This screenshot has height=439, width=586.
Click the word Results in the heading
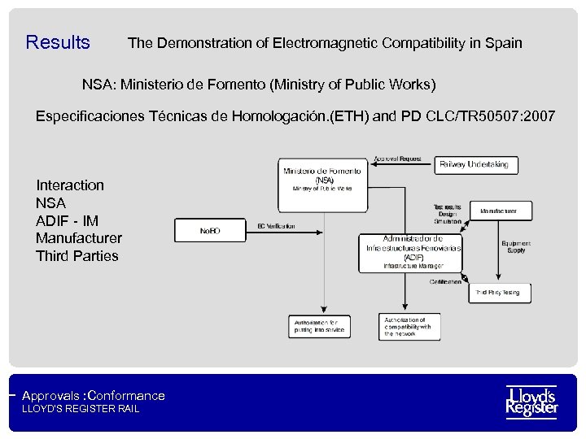(58, 42)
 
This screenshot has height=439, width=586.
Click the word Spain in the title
(502, 42)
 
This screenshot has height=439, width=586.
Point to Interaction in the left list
(70, 185)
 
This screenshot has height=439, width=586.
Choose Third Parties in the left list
(77, 256)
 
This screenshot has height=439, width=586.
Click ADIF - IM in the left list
(67, 220)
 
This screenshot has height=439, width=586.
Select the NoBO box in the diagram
(210, 231)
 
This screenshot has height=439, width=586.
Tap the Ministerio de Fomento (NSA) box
(323, 178)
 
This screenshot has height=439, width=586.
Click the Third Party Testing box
(498, 293)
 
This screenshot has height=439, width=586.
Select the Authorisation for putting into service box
(319, 327)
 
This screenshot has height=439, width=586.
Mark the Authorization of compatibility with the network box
(409, 327)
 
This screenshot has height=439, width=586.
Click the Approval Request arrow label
(397, 159)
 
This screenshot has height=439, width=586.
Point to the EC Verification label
(276, 226)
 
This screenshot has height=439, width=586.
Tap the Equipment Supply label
(516, 247)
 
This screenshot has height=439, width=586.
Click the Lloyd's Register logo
(531, 401)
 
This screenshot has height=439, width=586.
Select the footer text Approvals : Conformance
(94, 396)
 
